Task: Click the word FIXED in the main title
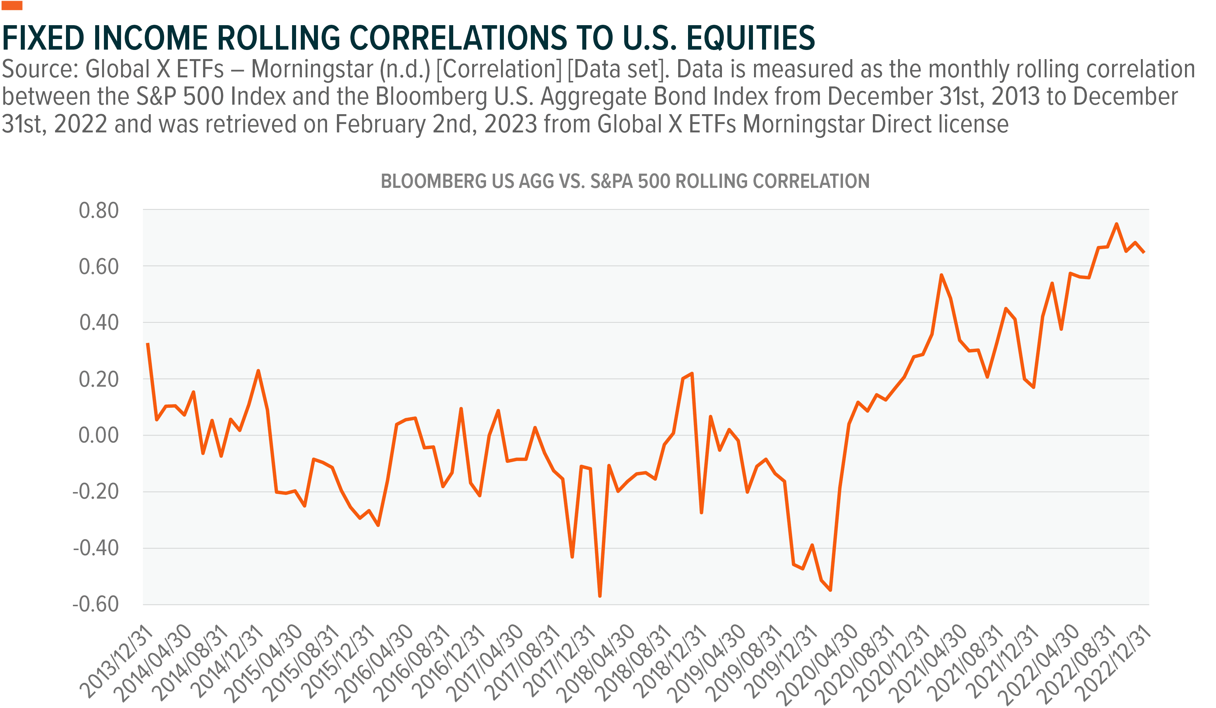click(43, 38)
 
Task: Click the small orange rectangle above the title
click(12, 6)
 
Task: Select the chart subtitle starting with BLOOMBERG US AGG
click(625, 181)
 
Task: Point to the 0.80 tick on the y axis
click(98, 211)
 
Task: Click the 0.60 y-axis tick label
click(98, 267)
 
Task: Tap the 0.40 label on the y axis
click(98, 323)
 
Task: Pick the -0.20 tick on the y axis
click(96, 492)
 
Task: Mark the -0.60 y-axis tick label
click(96, 604)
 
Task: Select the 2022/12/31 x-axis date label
click(1115, 663)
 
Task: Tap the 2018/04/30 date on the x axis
click(596, 663)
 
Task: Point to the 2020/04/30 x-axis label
click(819, 663)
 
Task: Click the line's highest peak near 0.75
click(1116, 224)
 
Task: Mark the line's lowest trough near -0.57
click(600, 596)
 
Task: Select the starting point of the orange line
click(148, 343)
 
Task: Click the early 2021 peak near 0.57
click(941, 275)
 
